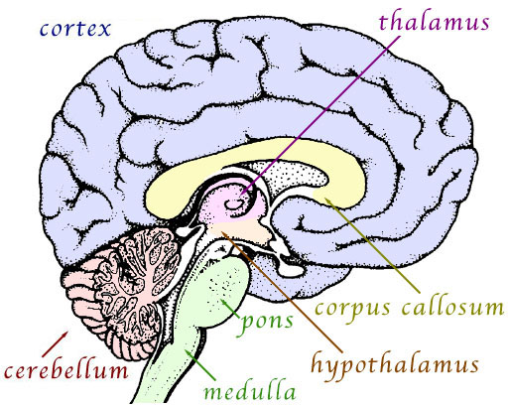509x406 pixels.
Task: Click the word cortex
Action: tap(75, 29)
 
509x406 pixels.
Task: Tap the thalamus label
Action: tap(434, 22)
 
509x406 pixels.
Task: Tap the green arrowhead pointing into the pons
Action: tap(224, 302)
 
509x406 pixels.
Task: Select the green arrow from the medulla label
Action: tap(200, 365)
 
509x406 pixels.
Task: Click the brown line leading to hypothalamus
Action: tap(282, 291)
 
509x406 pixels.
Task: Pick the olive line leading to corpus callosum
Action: tap(372, 245)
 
